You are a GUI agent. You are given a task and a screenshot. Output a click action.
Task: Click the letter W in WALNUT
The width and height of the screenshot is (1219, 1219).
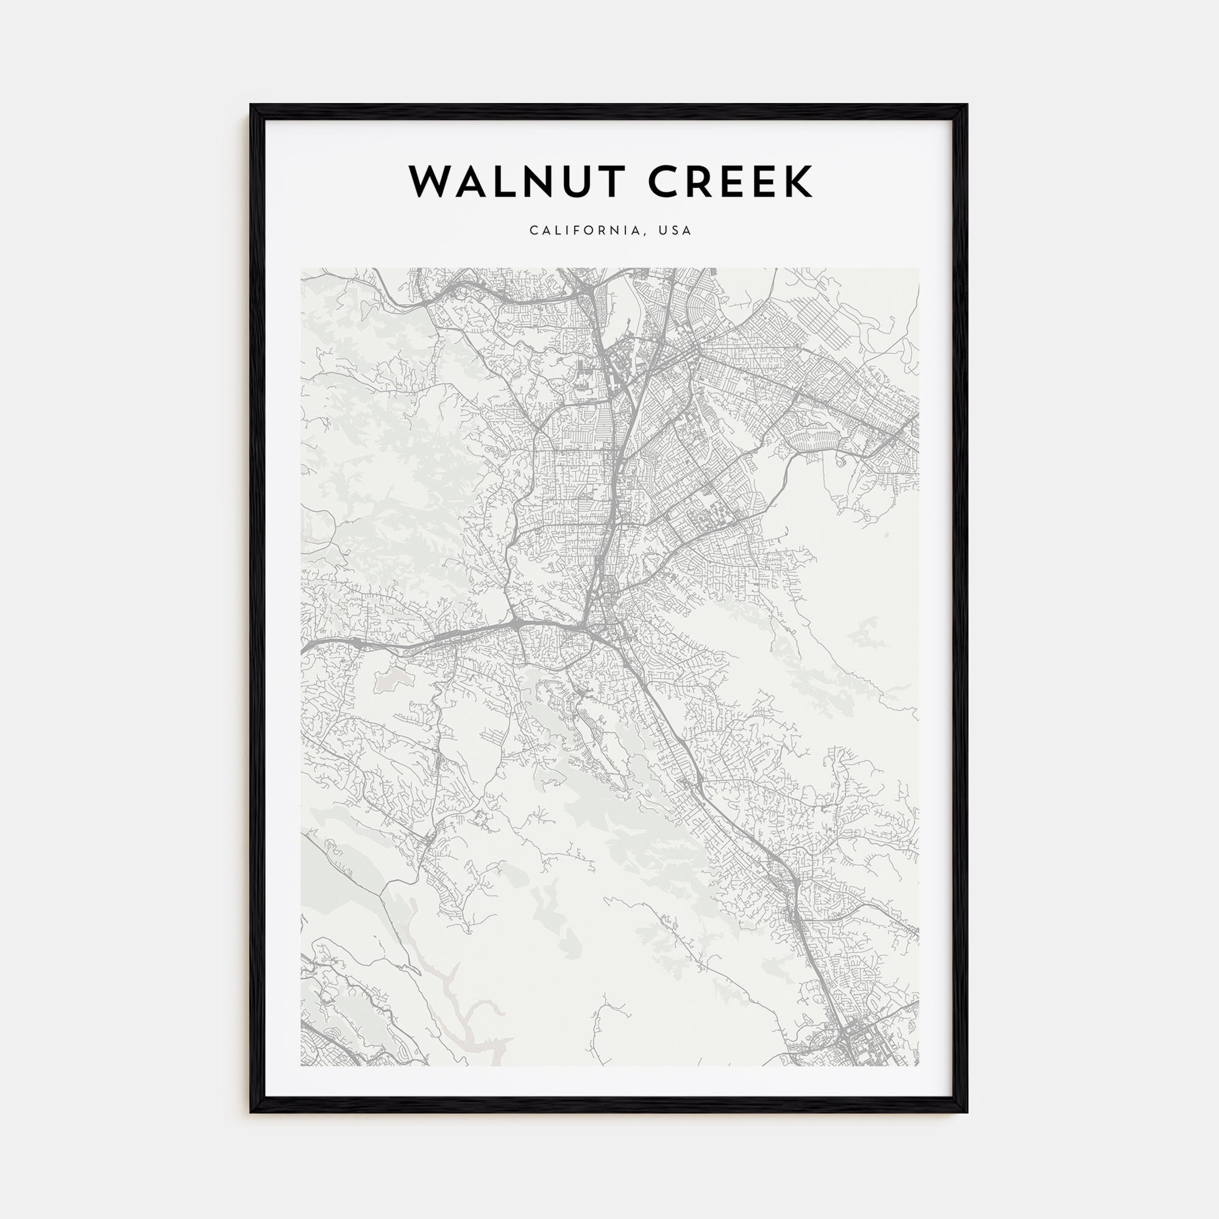[x=432, y=182]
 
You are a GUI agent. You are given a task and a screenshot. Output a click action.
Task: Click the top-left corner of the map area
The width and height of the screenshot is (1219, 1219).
[x=302, y=269]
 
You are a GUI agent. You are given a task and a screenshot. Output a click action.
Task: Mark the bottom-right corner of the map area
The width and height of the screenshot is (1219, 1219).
[x=918, y=1065]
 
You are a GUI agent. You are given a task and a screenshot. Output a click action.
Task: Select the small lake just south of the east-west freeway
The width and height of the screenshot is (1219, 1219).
[x=390, y=678]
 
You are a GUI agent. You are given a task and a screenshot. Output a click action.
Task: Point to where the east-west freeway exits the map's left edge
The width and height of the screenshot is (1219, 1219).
[x=304, y=648]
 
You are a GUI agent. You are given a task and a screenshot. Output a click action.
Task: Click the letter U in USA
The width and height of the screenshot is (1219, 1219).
[x=663, y=231]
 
